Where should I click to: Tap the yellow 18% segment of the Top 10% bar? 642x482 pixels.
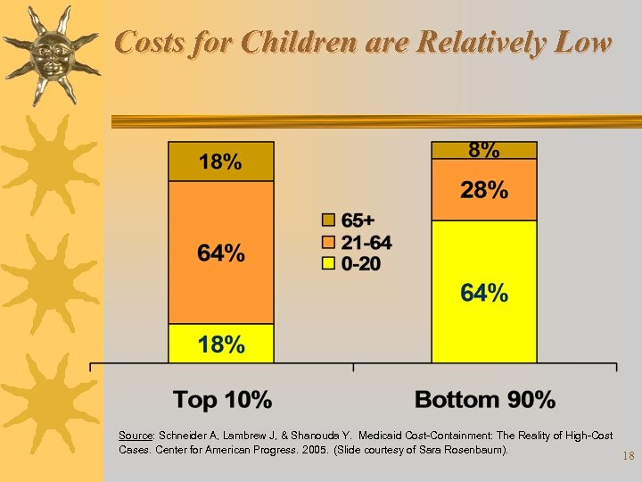coord(220,344)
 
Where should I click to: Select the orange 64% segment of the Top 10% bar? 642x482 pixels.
coord(220,253)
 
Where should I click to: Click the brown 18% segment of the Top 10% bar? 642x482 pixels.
coord(220,162)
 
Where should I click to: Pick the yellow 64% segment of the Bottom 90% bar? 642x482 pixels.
coord(484,292)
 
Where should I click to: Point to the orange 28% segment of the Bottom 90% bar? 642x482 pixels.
coord(484,189)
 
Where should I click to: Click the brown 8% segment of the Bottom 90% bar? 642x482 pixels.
coord(484,150)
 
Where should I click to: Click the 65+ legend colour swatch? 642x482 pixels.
coord(327,220)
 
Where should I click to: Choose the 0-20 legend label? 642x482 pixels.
coord(361,263)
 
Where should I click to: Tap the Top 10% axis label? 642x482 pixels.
coord(222,399)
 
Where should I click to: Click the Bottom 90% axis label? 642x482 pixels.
coord(485,399)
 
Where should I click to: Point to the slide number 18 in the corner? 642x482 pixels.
coord(628,457)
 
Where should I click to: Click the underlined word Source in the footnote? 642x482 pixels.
coord(135,436)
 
